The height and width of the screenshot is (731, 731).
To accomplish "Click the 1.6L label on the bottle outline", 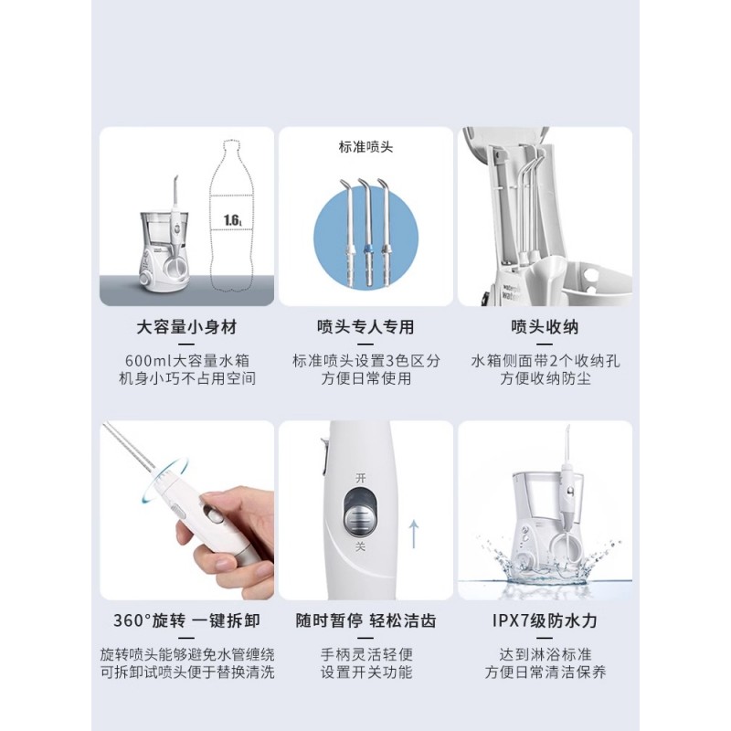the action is click(232, 219).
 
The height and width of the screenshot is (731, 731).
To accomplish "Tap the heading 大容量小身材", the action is click(186, 327).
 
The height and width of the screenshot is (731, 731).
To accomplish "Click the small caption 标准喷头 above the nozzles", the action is click(366, 147).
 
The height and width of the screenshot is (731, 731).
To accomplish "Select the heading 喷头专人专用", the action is click(365, 327).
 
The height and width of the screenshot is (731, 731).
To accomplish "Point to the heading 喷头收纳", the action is click(545, 327).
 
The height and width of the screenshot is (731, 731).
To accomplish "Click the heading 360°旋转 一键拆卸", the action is click(186, 621).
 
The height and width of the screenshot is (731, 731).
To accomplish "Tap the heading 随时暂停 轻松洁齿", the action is click(366, 621).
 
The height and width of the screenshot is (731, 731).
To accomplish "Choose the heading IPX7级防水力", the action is click(545, 621).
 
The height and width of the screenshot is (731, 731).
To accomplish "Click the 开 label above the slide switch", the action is click(361, 478).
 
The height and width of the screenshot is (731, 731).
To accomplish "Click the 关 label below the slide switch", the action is click(360, 546).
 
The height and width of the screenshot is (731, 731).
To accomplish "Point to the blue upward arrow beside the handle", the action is click(414, 535).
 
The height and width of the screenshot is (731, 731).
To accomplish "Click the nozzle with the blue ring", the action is click(368, 233).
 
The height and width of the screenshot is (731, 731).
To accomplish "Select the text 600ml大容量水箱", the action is click(187, 361).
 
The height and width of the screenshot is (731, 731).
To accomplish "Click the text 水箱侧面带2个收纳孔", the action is click(545, 361).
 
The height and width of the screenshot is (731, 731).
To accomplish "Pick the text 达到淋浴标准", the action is click(545, 654).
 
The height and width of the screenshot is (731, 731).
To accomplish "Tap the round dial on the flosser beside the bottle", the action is click(146, 280).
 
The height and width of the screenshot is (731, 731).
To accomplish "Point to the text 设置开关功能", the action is click(366, 673).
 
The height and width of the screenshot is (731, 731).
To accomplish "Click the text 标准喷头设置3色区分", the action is click(366, 361).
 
